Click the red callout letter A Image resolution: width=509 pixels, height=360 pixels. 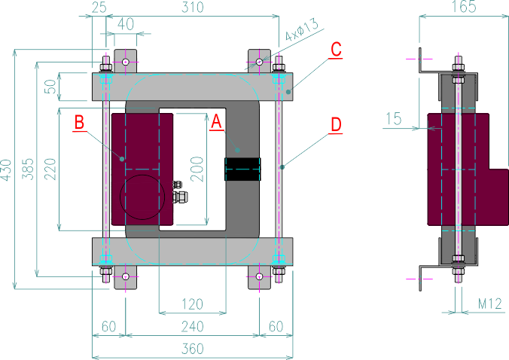pos(216,122)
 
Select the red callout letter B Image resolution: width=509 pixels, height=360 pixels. pos(79,122)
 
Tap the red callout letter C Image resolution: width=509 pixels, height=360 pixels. pos(336,50)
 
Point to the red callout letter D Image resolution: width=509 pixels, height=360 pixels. pos(336,124)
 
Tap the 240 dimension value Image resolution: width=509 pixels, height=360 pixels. pos(191,326)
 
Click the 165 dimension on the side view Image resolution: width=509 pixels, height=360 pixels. pos(463,8)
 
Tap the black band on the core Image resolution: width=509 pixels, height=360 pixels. pos(242,169)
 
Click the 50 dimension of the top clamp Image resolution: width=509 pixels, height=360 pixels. pos(49,85)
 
